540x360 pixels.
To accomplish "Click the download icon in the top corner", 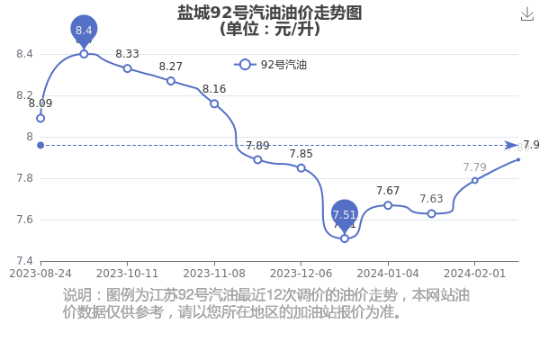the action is pyautogui.click(x=527, y=14).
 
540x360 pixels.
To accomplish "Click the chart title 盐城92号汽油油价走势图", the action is pyautogui.click(x=270, y=13).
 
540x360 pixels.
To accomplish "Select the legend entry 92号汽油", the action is pyautogui.click(x=271, y=65).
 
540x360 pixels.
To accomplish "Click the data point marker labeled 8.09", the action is pyautogui.click(x=40, y=119).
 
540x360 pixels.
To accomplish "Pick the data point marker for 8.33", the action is pyautogui.click(x=128, y=68).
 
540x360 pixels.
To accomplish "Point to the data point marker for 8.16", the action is pyautogui.click(x=214, y=103).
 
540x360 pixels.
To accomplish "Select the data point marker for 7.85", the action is pyautogui.click(x=301, y=168).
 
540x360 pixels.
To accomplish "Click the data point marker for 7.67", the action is pyautogui.click(x=388, y=205).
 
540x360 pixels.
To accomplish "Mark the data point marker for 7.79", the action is pyautogui.click(x=475, y=181).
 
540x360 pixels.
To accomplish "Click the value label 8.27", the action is pyautogui.click(x=170, y=66).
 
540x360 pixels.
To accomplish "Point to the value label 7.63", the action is pyautogui.click(x=431, y=199).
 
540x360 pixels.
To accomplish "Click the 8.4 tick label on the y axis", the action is pyautogui.click(x=24, y=54).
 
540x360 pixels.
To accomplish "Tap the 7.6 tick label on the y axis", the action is pyautogui.click(x=24, y=220).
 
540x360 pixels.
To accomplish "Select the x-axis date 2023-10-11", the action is pyautogui.click(x=127, y=274).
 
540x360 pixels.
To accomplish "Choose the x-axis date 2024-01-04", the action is pyautogui.click(x=388, y=274).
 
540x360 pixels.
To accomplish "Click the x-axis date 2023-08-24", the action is pyautogui.click(x=40, y=274).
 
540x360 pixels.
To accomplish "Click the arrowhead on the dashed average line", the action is pyautogui.click(x=511, y=146).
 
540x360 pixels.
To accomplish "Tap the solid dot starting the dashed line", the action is pyautogui.click(x=40, y=146).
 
